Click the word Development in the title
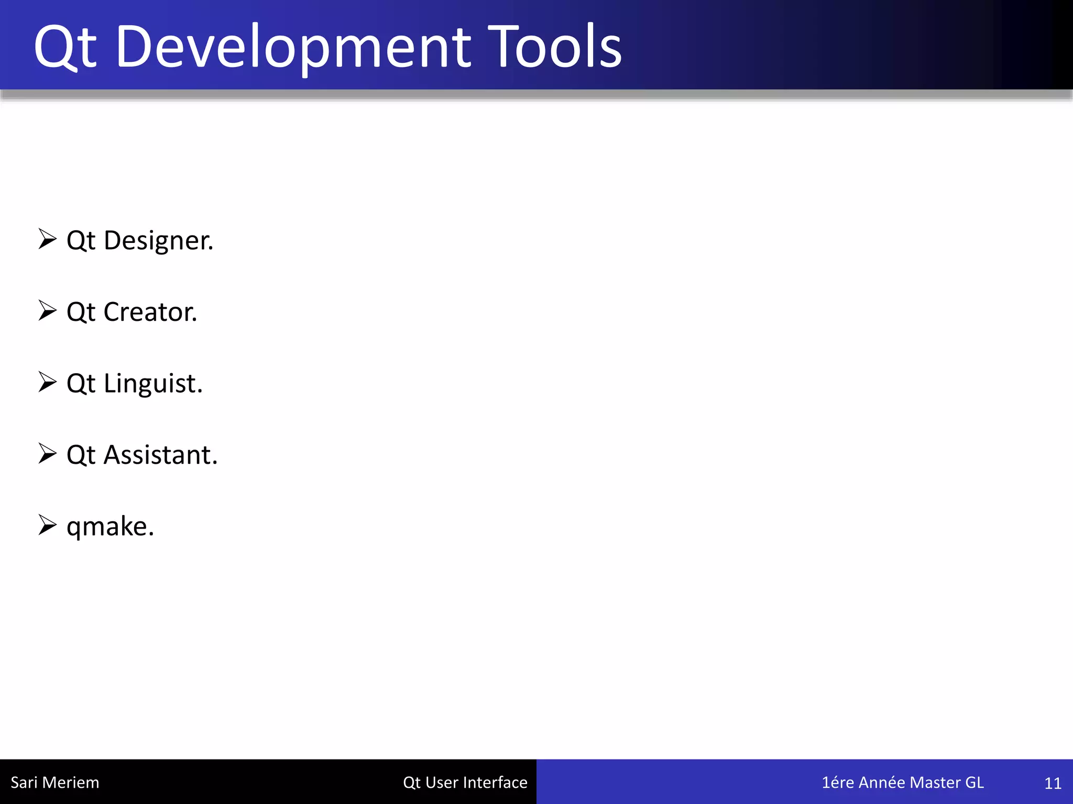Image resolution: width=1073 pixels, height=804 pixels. (x=293, y=48)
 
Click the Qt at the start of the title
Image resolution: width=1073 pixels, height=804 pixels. (x=65, y=48)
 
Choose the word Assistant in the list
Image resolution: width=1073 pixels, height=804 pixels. (x=160, y=455)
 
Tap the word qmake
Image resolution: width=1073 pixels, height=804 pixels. (x=110, y=527)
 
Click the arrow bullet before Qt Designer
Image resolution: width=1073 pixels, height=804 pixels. (x=47, y=239)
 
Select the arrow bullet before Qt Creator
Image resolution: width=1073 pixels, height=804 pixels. (x=47, y=310)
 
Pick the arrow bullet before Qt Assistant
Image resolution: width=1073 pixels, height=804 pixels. (x=47, y=453)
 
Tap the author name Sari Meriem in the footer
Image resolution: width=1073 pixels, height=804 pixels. (x=54, y=783)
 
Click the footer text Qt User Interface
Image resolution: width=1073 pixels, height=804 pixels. (x=465, y=783)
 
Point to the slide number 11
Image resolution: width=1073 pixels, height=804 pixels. (x=1053, y=784)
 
